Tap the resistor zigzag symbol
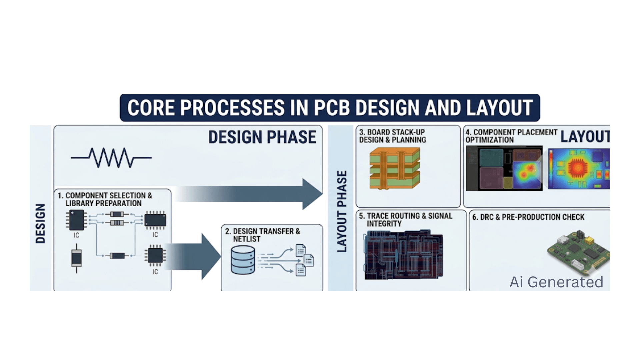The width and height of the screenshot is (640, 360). pos(111,158)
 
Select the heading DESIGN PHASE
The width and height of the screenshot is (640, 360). pos(262,137)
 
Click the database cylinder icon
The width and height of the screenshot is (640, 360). pos(243,260)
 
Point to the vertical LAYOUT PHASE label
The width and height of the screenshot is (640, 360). pos(342,211)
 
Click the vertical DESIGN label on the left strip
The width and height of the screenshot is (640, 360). pos(40,223)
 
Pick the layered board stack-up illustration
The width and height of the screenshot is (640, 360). pos(395,168)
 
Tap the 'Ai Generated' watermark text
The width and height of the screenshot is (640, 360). pos(556,282)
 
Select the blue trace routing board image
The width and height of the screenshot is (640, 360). pos(403,255)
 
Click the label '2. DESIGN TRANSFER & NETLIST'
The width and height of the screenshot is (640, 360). pos(262,235)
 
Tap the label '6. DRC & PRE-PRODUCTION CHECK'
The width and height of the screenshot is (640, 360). pos(528,217)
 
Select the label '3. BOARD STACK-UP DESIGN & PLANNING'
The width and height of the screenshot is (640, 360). pos(392,136)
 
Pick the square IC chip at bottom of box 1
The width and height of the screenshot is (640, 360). pos(155,256)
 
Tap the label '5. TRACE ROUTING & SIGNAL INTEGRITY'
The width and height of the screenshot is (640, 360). pos(405,220)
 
